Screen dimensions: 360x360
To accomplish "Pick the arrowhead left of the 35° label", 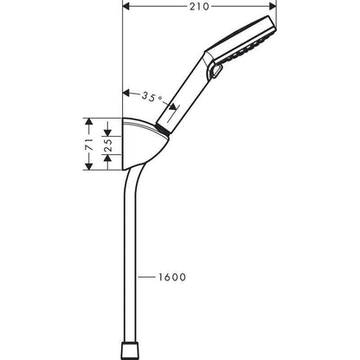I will [128, 91].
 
